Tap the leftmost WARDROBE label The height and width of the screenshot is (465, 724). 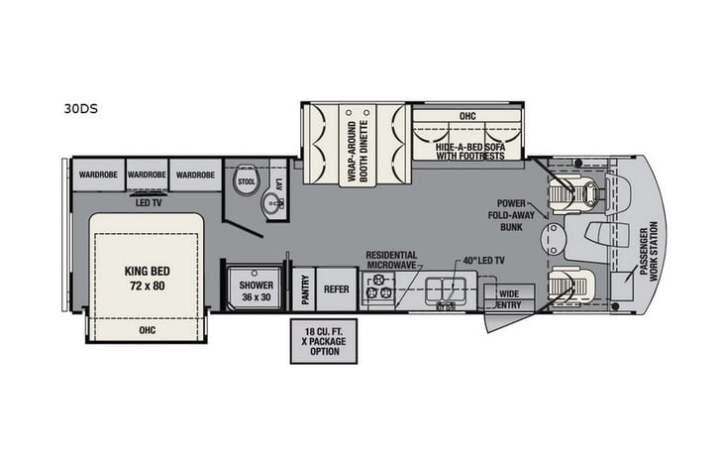click(x=98, y=175)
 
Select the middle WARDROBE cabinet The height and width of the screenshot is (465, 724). click(x=147, y=175)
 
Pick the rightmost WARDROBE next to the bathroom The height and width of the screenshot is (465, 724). click(x=195, y=175)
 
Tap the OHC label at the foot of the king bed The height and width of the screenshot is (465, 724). click(x=146, y=328)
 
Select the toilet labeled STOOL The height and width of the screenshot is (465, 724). click(x=247, y=182)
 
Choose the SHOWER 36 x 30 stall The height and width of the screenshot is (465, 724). click(x=256, y=291)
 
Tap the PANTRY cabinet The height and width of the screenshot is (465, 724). click(x=303, y=290)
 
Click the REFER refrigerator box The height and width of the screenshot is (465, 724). click(x=337, y=290)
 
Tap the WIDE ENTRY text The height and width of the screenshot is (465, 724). click(x=509, y=298)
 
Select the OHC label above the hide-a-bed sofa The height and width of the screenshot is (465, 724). click(x=465, y=116)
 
